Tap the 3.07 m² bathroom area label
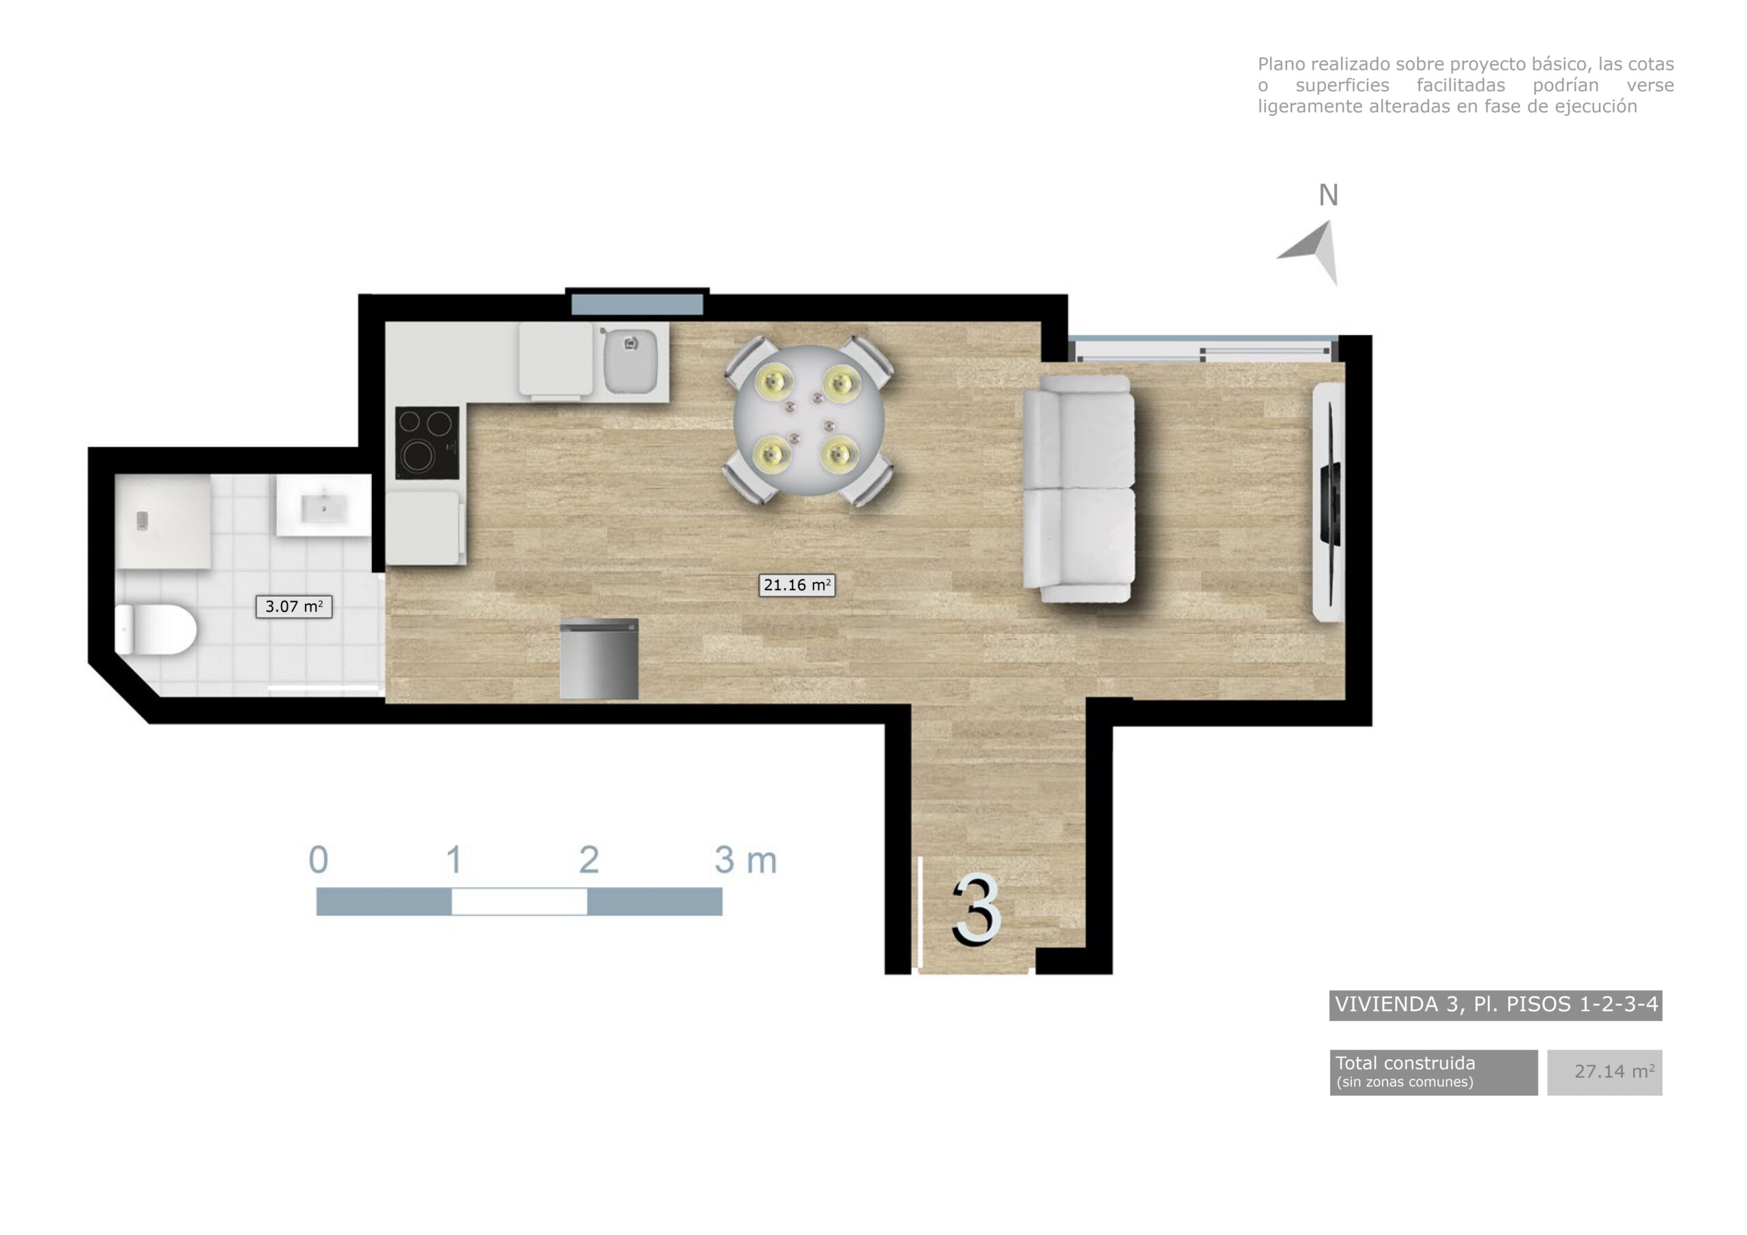pos(293,607)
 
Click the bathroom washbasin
pos(323,506)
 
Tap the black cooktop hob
pos(427,443)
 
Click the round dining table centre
pos(808,421)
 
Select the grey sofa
pos(1079,489)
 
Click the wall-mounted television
pos(1329,502)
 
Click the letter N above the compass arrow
pos(1328,196)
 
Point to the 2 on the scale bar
pos(589,860)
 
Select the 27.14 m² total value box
pos(1604,1072)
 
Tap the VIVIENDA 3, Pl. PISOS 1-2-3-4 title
pos(1495,1004)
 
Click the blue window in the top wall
pos(637,304)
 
